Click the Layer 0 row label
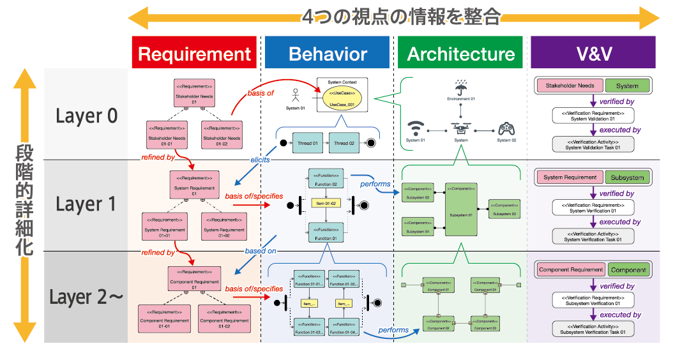point(86,116)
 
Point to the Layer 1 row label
point(86,204)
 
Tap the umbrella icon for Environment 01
point(460,86)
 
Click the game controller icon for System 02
point(505,127)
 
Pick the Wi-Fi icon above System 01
point(416,127)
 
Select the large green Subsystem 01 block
point(461,210)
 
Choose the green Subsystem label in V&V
point(627,177)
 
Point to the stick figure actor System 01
point(295,96)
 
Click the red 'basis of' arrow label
point(261,94)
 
